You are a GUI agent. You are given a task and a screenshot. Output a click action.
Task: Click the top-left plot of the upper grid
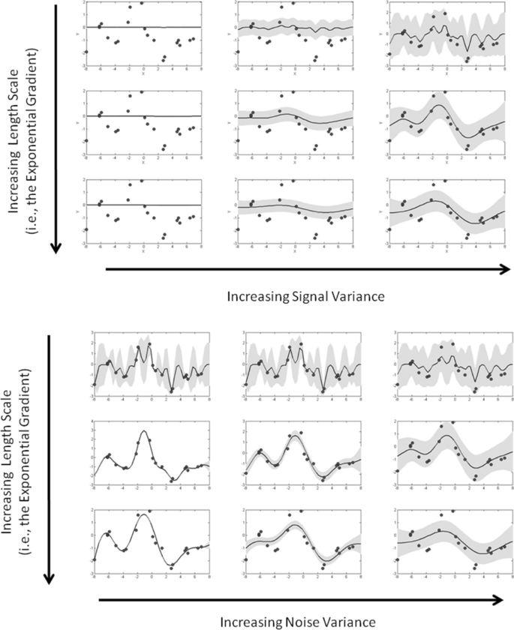(x=143, y=37)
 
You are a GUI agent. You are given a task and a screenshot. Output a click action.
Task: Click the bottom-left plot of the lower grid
(x=151, y=542)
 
